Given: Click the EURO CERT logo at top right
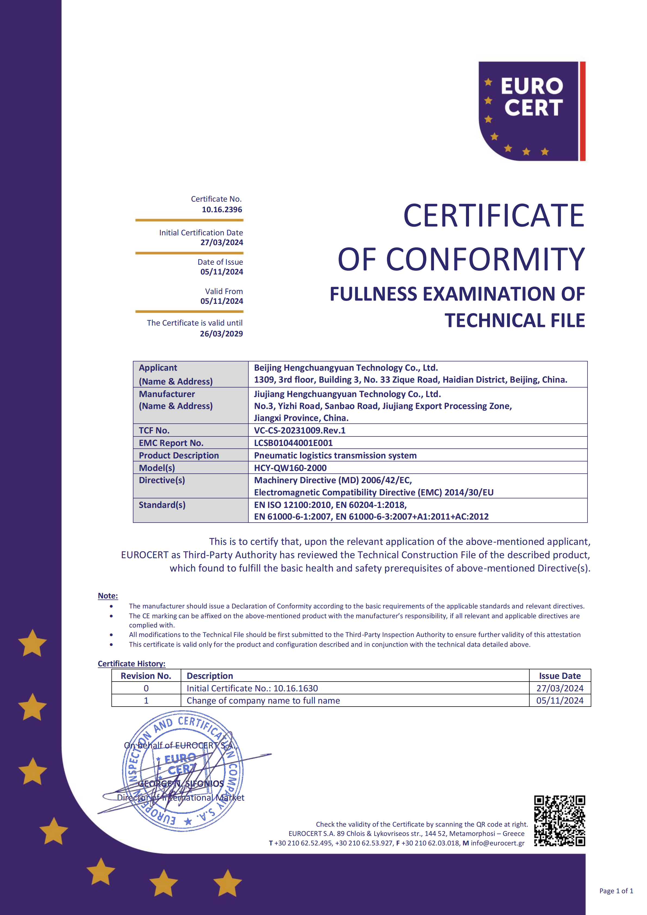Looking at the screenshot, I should click(532, 111).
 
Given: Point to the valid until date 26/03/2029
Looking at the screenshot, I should click(221, 333).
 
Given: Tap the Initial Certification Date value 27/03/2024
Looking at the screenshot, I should click(221, 242).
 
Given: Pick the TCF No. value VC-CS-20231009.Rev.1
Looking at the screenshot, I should click(300, 430).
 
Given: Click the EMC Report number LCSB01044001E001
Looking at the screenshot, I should click(293, 443).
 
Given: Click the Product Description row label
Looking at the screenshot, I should click(179, 455).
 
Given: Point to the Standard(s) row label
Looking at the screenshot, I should click(162, 505).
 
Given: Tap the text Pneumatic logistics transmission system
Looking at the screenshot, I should click(335, 455).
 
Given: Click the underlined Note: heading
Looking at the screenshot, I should click(108, 596).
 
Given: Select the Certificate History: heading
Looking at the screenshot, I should click(132, 664).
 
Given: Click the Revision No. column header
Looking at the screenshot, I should click(146, 676).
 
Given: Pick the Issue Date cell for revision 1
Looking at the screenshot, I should click(560, 701).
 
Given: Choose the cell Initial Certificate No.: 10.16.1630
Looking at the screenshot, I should click(252, 688).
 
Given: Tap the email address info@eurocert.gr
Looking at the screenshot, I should click(498, 843).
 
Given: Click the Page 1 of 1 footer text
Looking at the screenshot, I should click(616, 891).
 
